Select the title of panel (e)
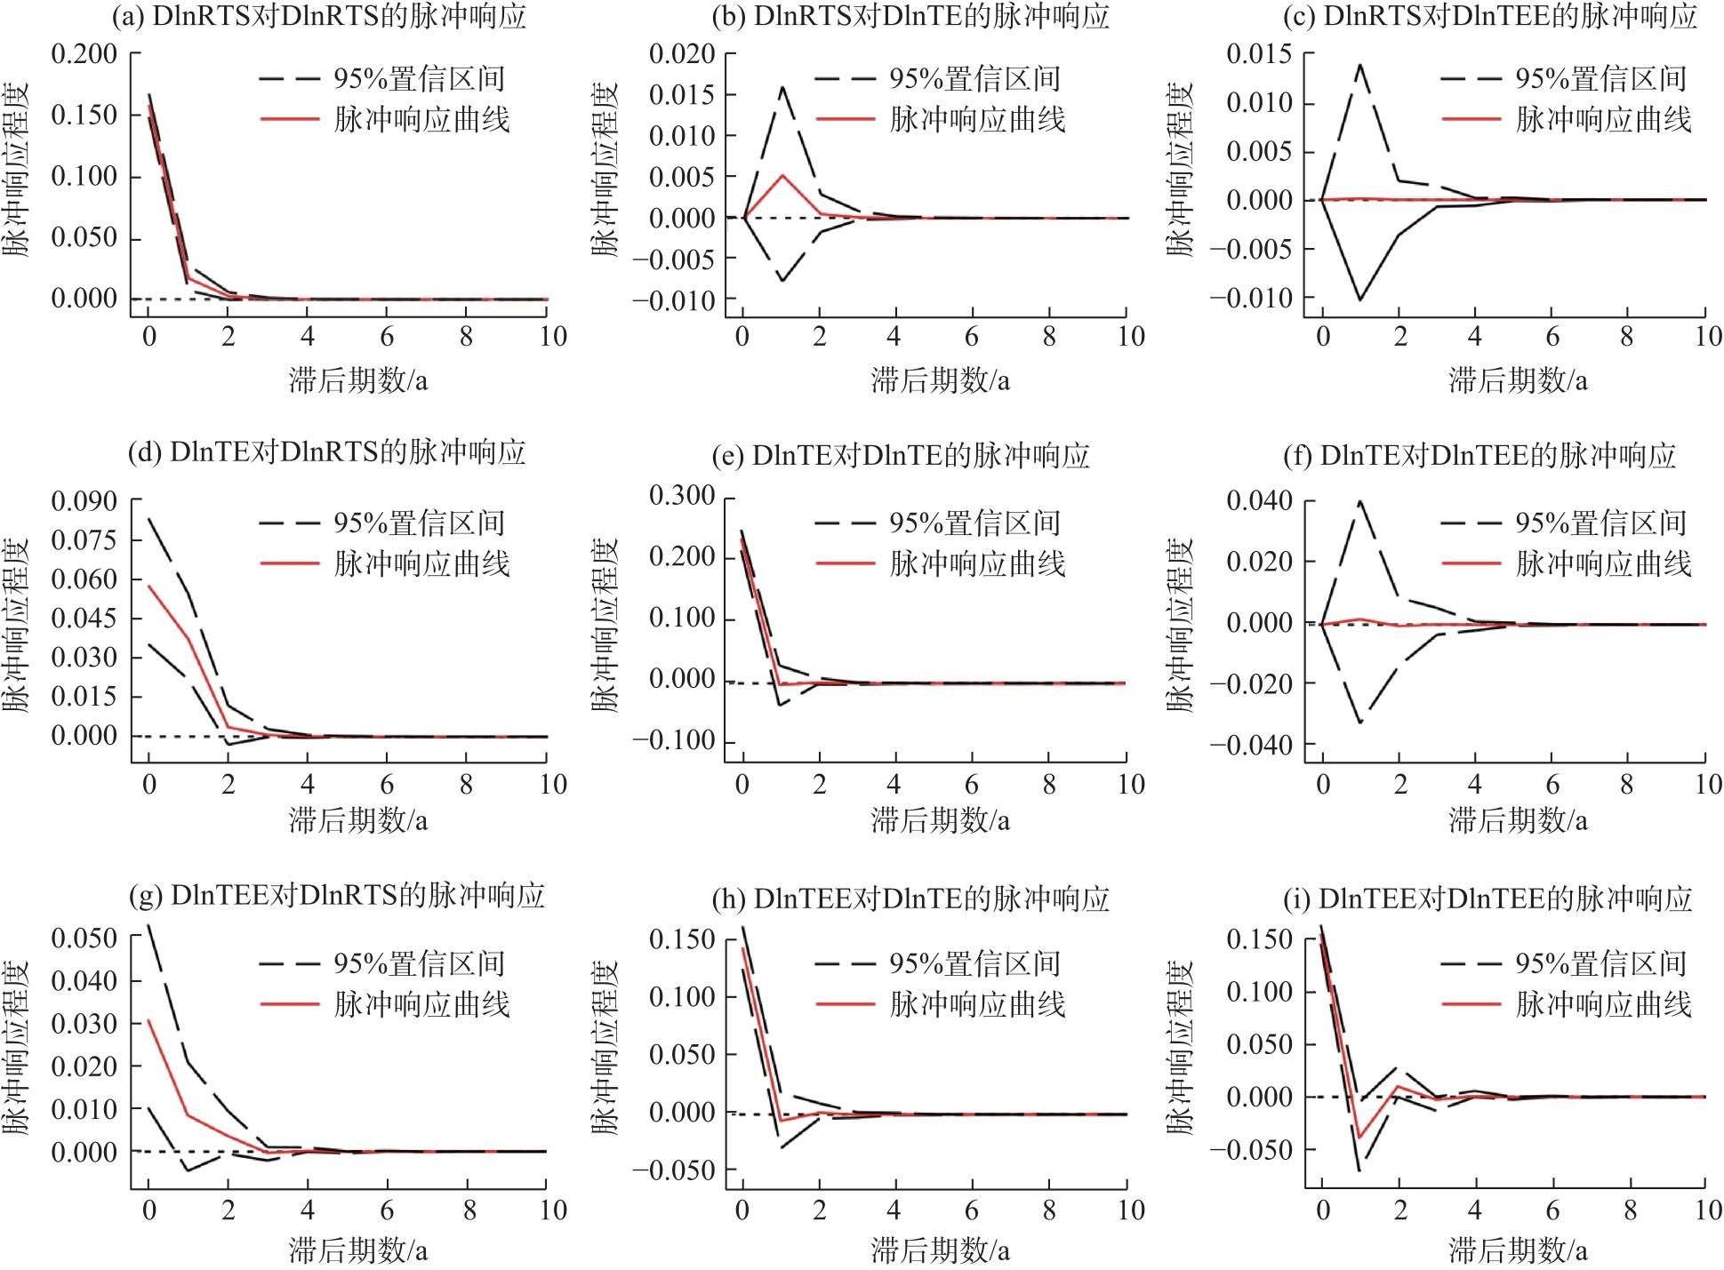(901, 456)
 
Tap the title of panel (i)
(1487, 899)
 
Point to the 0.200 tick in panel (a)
(84, 54)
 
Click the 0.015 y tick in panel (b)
(681, 95)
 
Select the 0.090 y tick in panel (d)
(84, 502)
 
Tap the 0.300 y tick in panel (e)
(681, 496)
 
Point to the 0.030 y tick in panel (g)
(84, 1024)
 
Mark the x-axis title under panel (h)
(940, 1251)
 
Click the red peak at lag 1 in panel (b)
(782, 174)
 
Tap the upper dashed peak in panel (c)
(1359, 64)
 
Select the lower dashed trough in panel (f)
(1361, 723)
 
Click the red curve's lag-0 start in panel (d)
(149, 585)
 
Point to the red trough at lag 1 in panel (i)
(1359, 1138)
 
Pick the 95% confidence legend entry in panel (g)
(382, 963)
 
